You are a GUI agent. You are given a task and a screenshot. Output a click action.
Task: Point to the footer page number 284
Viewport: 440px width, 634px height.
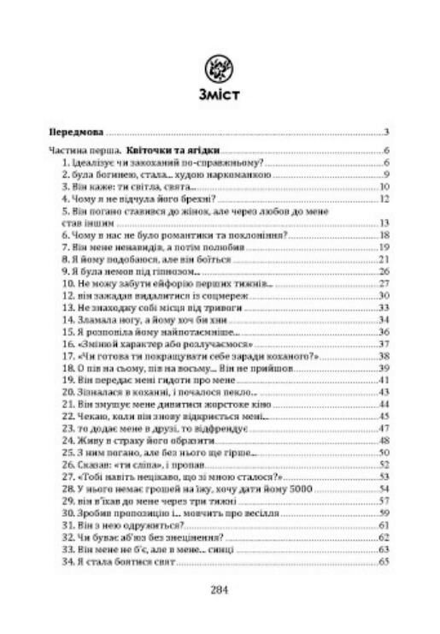(220, 590)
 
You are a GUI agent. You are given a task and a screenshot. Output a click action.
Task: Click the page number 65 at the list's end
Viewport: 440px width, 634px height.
(384, 561)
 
